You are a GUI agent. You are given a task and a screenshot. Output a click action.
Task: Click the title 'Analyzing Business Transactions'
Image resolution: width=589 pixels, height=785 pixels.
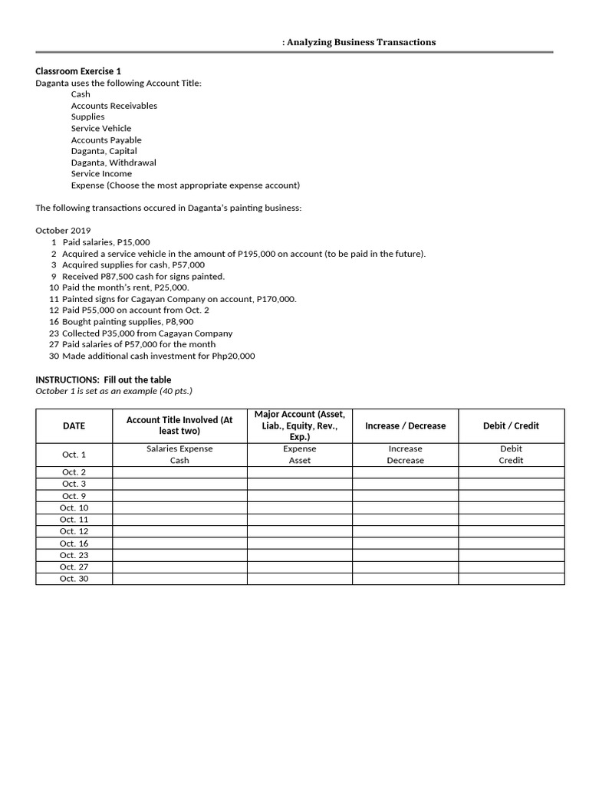tap(360, 42)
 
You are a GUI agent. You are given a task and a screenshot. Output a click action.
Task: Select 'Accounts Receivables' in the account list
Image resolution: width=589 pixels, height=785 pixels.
tap(114, 106)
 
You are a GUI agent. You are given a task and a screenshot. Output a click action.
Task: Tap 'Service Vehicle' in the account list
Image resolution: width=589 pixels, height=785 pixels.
tap(101, 128)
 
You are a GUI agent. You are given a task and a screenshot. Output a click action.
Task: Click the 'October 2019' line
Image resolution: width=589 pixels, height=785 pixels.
tap(63, 231)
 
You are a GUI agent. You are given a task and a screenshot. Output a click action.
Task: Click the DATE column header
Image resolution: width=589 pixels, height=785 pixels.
tap(74, 425)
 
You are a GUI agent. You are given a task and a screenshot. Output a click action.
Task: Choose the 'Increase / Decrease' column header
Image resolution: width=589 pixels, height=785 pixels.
tap(405, 425)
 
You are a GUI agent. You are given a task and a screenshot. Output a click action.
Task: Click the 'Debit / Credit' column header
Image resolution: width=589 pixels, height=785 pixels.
tap(511, 425)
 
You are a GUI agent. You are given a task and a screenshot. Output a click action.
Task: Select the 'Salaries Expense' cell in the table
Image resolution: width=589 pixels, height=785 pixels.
tap(179, 448)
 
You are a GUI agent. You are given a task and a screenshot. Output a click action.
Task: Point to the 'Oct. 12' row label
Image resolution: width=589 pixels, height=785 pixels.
tap(74, 531)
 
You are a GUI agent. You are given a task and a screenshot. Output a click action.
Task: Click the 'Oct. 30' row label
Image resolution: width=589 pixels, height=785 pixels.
tap(74, 579)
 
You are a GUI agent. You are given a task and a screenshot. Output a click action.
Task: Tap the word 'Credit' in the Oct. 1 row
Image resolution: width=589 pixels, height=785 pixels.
tap(511, 461)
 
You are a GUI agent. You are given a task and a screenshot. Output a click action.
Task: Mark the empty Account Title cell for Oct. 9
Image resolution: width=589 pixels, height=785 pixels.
tap(179, 496)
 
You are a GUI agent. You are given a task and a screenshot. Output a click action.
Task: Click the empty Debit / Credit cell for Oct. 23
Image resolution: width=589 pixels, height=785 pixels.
tap(511, 555)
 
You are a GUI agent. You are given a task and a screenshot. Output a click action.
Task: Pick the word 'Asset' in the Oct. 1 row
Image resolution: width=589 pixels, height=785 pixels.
tap(300, 461)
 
